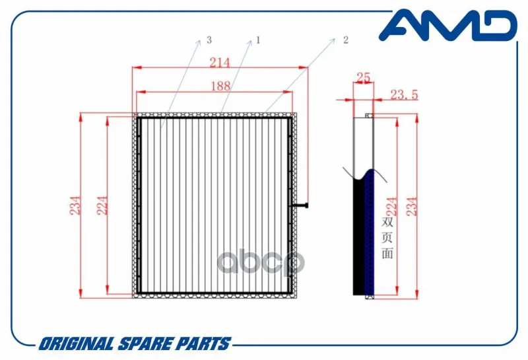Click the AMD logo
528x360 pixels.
[x=448, y=25]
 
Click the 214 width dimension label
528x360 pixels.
[x=220, y=62]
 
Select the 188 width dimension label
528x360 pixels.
[x=220, y=86]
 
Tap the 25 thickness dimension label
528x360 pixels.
[x=364, y=77]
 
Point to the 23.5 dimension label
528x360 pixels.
[x=404, y=94]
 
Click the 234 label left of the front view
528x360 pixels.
[x=75, y=205]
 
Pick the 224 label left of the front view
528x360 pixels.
[x=102, y=205]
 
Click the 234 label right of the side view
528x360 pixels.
[x=411, y=206]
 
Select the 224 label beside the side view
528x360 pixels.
[x=391, y=206]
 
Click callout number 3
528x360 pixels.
[x=209, y=40]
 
